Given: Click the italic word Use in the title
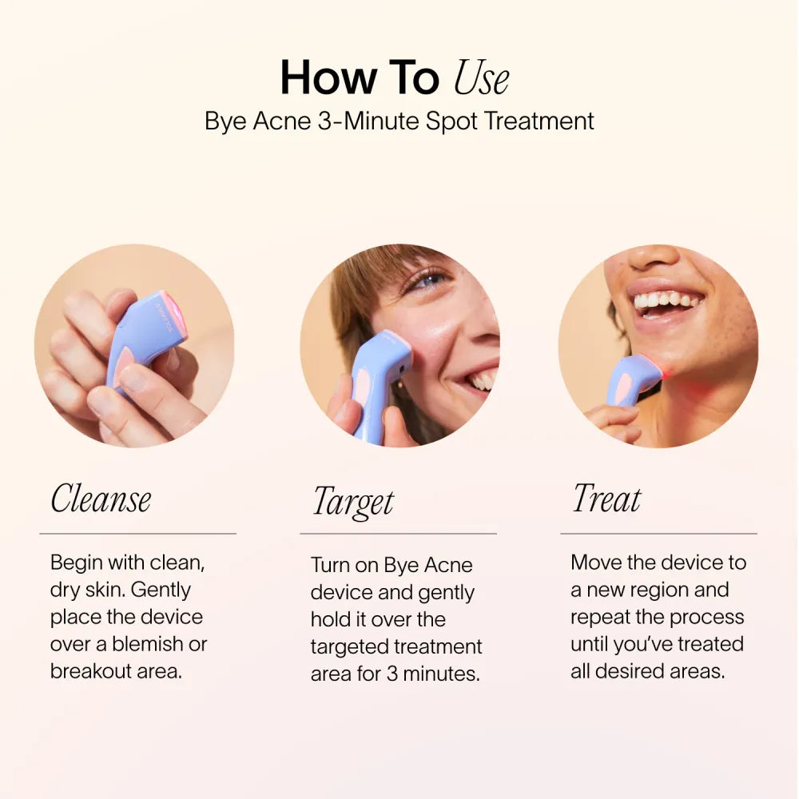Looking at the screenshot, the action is [x=481, y=78].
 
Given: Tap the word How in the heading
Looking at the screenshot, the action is [x=328, y=78].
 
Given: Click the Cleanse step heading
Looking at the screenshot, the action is [x=101, y=499].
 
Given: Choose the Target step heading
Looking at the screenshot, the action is [x=353, y=502].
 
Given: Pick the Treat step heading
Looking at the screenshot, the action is [x=606, y=499].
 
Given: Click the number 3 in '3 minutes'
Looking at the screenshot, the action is [x=392, y=674].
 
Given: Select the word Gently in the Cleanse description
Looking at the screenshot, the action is [x=161, y=590].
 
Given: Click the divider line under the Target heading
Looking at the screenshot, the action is [x=398, y=534].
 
